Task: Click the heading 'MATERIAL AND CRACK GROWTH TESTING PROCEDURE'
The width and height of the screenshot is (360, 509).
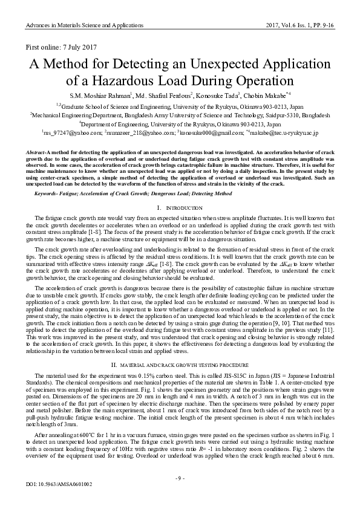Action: pyautogui.click(x=185, y=366)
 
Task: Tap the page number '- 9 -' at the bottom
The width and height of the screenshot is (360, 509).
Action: pyautogui.click(x=180, y=478)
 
